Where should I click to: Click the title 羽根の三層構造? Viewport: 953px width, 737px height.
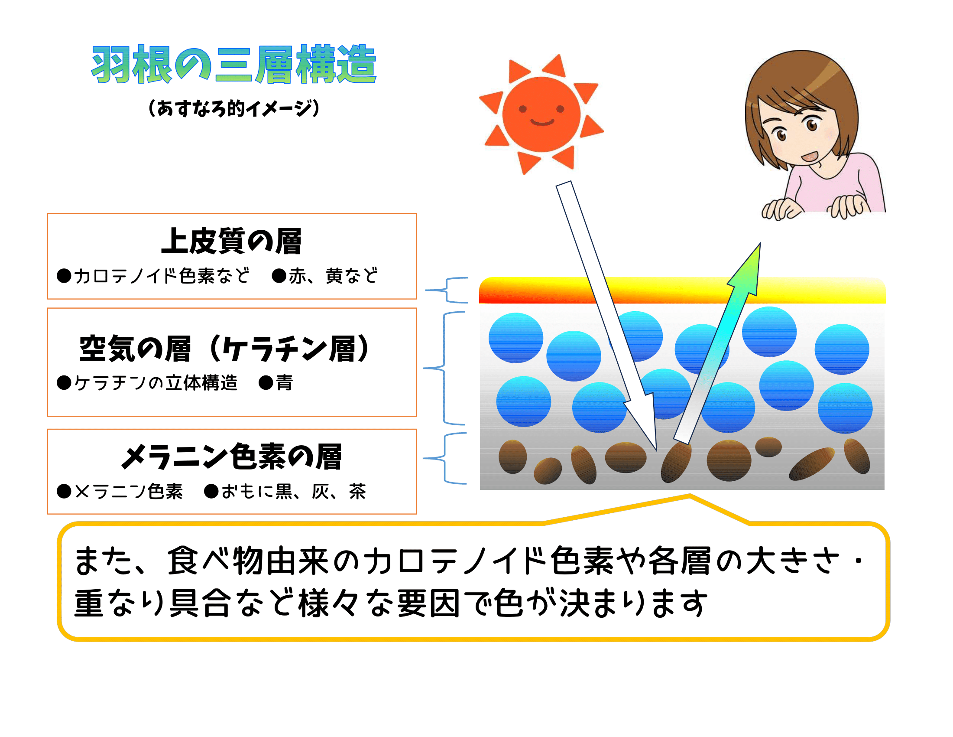coord(234,65)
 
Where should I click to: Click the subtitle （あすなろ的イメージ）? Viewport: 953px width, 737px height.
coord(234,108)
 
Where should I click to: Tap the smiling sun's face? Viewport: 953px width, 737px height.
coord(541,114)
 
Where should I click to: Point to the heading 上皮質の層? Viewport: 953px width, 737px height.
coord(231,241)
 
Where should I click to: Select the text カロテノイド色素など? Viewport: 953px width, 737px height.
coord(162,276)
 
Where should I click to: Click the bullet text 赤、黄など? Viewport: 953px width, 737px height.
coord(334,276)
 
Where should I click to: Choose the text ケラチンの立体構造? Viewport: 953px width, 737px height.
coord(156,383)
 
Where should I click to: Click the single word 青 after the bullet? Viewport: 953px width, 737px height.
coord(285,383)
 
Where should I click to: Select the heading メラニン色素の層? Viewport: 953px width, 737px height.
coord(231,457)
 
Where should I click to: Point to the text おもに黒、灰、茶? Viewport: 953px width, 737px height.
coord(293,492)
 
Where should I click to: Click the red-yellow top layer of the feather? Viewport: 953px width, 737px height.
coord(682,290)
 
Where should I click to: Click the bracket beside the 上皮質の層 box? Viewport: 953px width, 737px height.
coord(446,290)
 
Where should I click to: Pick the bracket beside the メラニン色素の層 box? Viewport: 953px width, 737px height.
coord(444,458)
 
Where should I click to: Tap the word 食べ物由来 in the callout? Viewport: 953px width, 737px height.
coord(248,561)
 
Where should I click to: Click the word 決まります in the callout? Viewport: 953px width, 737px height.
coord(634,603)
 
